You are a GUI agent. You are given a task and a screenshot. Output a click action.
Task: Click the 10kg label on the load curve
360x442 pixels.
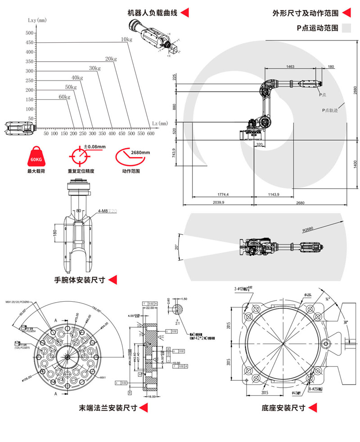coord(126,40)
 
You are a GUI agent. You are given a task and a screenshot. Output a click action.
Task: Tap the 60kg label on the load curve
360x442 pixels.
coord(64,97)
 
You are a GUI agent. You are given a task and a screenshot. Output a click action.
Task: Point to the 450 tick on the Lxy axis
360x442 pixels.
coord(30,43)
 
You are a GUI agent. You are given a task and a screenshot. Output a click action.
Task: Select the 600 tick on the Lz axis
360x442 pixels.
coord(151,134)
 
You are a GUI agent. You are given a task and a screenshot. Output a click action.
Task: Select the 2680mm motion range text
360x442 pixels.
coord(140,152)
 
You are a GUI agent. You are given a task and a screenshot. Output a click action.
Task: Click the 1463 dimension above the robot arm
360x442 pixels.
coord(290,67)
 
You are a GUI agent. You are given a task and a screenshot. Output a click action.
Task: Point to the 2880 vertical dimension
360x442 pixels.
coord(355,91)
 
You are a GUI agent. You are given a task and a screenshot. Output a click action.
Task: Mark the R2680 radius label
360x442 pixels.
coord(308,229)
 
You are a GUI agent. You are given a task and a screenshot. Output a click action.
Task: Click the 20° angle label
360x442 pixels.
coord(177,247)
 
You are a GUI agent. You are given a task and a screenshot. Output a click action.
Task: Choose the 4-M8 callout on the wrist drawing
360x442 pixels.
coord(103,210)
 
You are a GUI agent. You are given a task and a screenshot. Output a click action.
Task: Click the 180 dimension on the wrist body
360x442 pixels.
coord(55,233)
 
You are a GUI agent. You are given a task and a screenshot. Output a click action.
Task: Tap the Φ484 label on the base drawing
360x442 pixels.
coord(308,295)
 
